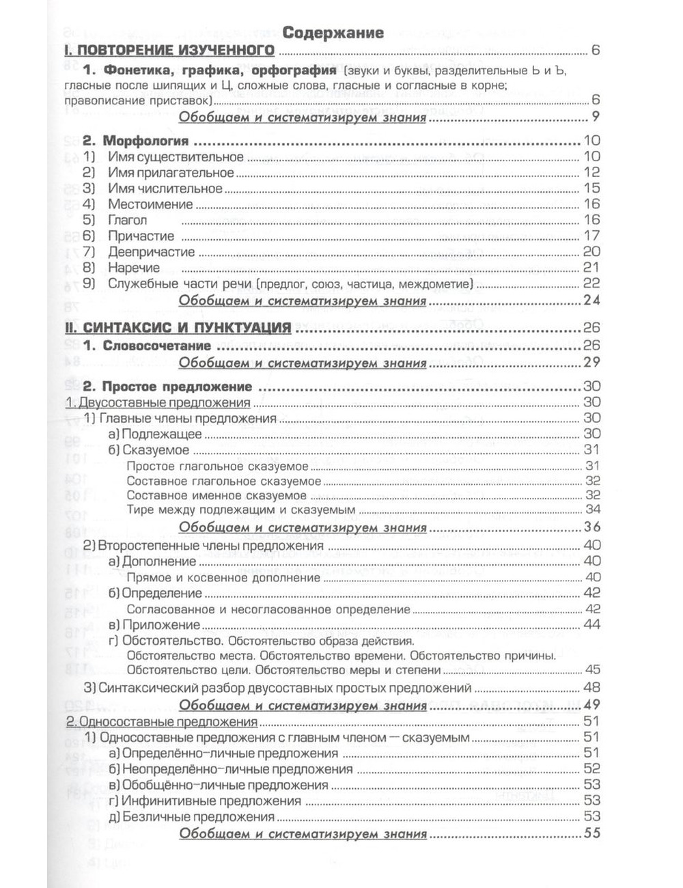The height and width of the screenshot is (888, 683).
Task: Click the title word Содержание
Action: click(x=333, y=32)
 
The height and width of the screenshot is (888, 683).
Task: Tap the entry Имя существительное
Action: click(x=176, y=157)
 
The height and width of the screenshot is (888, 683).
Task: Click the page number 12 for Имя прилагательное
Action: click(x=591, y=173)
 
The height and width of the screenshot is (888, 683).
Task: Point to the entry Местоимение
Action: click(x=150, y=204)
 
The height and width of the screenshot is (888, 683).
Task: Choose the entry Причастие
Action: click(x=141, y=236)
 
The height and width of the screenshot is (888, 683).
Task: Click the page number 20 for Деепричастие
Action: click(x=591, y=252)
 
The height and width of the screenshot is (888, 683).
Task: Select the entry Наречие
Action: click(x=133, y=268)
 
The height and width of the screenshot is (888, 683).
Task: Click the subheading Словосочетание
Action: click(x=156, y=346)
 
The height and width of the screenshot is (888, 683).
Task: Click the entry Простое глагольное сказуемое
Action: click(x=217, y=467)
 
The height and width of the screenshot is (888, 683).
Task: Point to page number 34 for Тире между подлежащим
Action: click(x=592, y=510)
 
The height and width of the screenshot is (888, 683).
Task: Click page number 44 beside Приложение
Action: click(x=591, y=625)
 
